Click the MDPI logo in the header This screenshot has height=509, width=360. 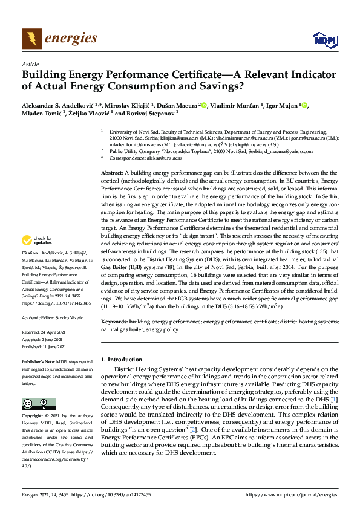(324, 40)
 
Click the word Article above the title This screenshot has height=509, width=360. (30, 64)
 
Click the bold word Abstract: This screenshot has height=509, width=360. (113, 173)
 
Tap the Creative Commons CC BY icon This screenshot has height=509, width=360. (35, 403)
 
